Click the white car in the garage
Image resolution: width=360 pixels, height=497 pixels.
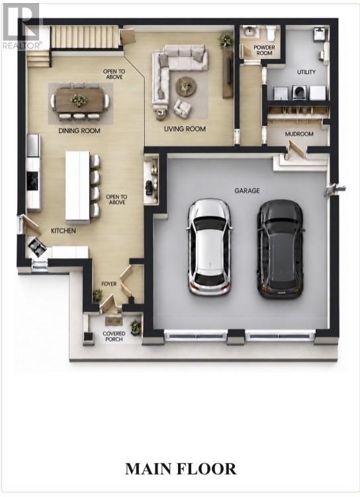pos(209,248)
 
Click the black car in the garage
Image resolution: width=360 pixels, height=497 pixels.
pos(281,249)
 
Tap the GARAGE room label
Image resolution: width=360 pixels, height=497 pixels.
pos(247,191)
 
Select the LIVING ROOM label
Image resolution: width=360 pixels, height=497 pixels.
pos(185,128)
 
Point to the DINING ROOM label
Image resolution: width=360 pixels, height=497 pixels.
pos(79,130)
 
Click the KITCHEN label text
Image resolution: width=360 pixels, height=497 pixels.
pos(64,231)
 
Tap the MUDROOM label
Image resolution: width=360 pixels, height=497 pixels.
pos(299,134)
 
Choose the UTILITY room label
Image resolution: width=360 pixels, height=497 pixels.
pos(306,72)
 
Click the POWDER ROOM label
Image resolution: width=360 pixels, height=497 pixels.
pos(264,50)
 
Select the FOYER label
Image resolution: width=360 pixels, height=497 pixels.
pos(109,284)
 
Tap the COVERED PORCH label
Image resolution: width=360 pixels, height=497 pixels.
pos(114,336)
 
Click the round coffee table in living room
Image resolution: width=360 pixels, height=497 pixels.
pos(186,86)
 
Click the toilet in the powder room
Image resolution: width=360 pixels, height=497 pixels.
pos(271,33)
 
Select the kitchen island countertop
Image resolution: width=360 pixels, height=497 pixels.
pos(77,185)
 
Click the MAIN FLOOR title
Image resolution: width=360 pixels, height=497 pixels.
pos(181,469)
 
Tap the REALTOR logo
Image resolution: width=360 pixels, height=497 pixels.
pos(21,26)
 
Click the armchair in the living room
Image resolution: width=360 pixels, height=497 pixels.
pos(182,107)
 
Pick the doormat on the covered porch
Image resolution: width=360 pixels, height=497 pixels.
pos(113,321)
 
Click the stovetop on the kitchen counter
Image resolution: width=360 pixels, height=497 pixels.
pos(32,181)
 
